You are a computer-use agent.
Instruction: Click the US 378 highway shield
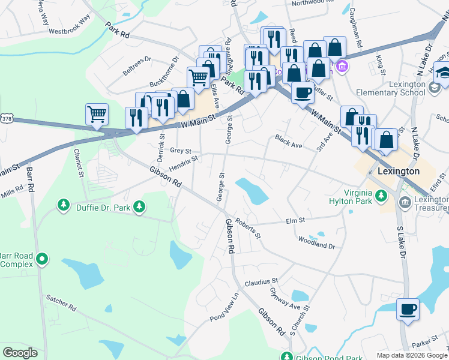coord(6,119)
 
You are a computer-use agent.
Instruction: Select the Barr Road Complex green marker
coord(41,259)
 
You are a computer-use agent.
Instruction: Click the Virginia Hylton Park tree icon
coord(380,195)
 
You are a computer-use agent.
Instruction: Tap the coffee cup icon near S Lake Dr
coord(408,309)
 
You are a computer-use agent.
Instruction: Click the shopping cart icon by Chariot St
coord(97,113)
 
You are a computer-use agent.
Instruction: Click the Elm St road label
coord(296,221)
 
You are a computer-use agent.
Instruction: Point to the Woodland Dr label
coord(317,242)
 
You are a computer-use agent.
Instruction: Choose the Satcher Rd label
coord(61,302)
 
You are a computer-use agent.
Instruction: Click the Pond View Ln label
coord(224,306)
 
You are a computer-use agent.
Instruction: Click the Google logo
coord(20,353)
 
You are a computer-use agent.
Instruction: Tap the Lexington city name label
coord(399,171)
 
